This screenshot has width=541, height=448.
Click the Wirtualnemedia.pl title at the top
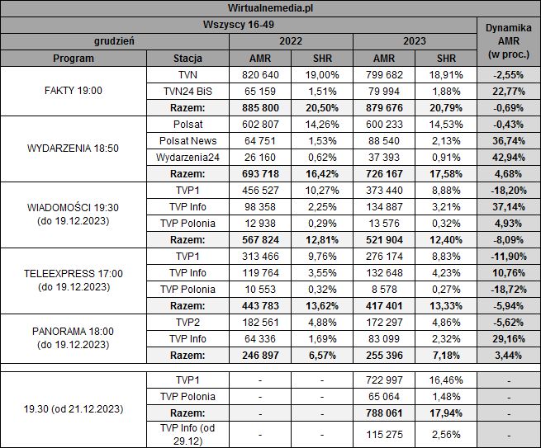tap(270, 7)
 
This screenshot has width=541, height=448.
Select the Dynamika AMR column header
tap(509, 41)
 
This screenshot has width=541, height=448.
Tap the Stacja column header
tap(188, 59)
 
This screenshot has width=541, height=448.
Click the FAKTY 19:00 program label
tap(74, 91)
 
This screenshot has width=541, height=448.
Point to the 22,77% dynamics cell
tap(509, 91)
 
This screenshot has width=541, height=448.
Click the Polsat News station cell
tap(188, 140)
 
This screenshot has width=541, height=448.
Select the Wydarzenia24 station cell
tap(188, 157)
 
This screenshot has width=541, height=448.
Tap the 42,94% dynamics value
tap(509, 157)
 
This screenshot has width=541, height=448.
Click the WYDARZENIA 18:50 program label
tap(74, 149)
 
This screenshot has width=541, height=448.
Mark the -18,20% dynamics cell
tap(509, 190)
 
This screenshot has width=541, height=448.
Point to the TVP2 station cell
tap(188, 322)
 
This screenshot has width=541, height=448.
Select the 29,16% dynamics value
tap(509, 338)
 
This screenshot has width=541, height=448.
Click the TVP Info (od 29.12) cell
tap(188, 433)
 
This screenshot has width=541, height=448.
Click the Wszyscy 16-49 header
tap(240, 25)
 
